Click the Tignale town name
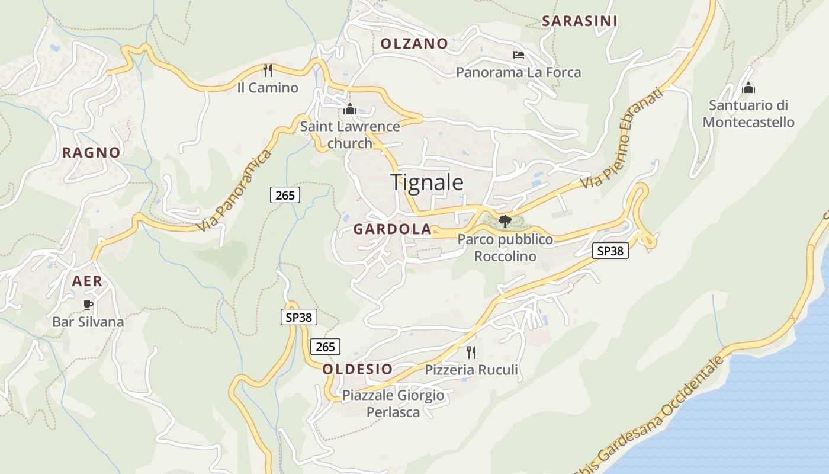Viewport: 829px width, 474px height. point(426,182)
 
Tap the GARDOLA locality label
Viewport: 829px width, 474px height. point(392,229)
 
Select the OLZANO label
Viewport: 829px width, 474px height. point(414,43)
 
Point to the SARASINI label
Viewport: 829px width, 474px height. point(580,21)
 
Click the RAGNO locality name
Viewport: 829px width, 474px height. point(91,152)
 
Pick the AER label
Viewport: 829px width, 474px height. point(87,281)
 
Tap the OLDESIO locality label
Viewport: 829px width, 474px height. point(357,369)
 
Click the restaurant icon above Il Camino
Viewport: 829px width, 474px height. point(268,71)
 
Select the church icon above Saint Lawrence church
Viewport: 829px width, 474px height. point(349,109)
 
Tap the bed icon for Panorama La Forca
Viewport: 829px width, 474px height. point(518,55)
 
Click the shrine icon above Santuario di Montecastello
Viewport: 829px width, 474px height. point(748,88)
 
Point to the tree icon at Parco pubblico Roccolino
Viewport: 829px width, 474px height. point(505,222)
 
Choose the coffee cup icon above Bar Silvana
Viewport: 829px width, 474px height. point(88,305)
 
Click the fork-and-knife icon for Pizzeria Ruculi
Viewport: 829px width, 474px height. point(471,353)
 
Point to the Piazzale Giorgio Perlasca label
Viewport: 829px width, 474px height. point(393,403)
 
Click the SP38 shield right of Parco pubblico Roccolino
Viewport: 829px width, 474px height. point(610,251)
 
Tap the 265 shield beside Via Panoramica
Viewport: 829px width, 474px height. point(285,195)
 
